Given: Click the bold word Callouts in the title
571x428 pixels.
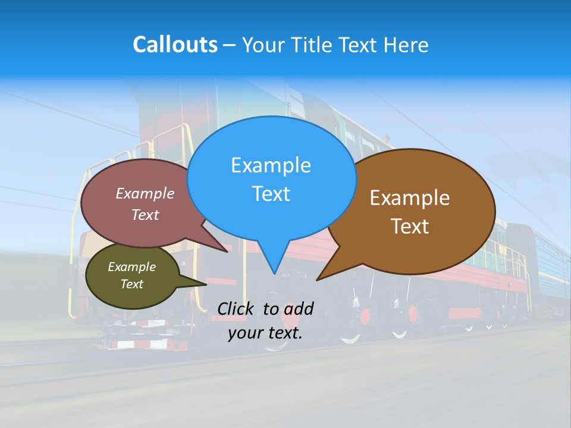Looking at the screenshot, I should [x=175, y=45].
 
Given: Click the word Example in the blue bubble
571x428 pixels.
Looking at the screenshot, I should [x=271, y=165].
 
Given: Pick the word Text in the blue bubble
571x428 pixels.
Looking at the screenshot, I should [x=271, y=194].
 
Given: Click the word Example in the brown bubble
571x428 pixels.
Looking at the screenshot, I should [x=410, y=198].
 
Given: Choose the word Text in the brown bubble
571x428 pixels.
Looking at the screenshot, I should [x=410, y=226].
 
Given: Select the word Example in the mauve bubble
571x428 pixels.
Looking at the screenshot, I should [x=145, y=193].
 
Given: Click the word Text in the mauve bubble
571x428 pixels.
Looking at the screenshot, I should [x=145, y=215].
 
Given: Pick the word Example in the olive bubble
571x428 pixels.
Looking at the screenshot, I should [x=131, y=267].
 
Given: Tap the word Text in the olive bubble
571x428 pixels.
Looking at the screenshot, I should [x=131, y=284].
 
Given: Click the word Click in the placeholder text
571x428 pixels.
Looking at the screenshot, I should [x=237, y=309].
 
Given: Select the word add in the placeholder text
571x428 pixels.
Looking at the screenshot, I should [x=299, y=309].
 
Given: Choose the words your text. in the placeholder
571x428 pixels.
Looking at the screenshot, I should [x=265, y=333].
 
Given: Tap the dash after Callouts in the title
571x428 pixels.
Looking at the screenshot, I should [x=230, y=45].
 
